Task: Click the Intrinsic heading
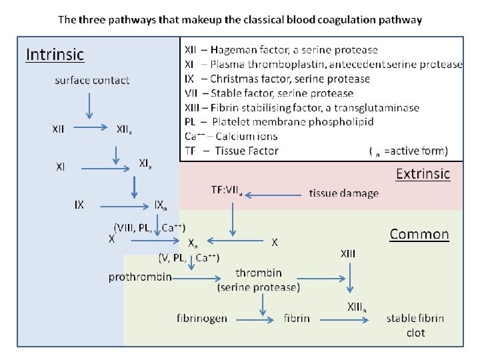point(55,55)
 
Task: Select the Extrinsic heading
point(423,174)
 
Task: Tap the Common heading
point(419,234)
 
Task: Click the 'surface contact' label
point(92,80)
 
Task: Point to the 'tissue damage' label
point(344,193)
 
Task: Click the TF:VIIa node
point(227,191)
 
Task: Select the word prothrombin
point(140,277)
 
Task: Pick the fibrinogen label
point(202,319)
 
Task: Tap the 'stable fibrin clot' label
point(415,325)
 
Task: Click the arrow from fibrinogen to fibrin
point(255,320)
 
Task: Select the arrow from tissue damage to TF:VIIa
point(273,195)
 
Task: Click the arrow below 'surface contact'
point(89,106)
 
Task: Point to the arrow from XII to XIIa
point(91,127)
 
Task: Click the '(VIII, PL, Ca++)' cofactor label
point(150,228)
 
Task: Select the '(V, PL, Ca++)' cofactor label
point(189,258)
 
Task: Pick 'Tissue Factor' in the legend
point(247,151)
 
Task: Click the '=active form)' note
point(416,151)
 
